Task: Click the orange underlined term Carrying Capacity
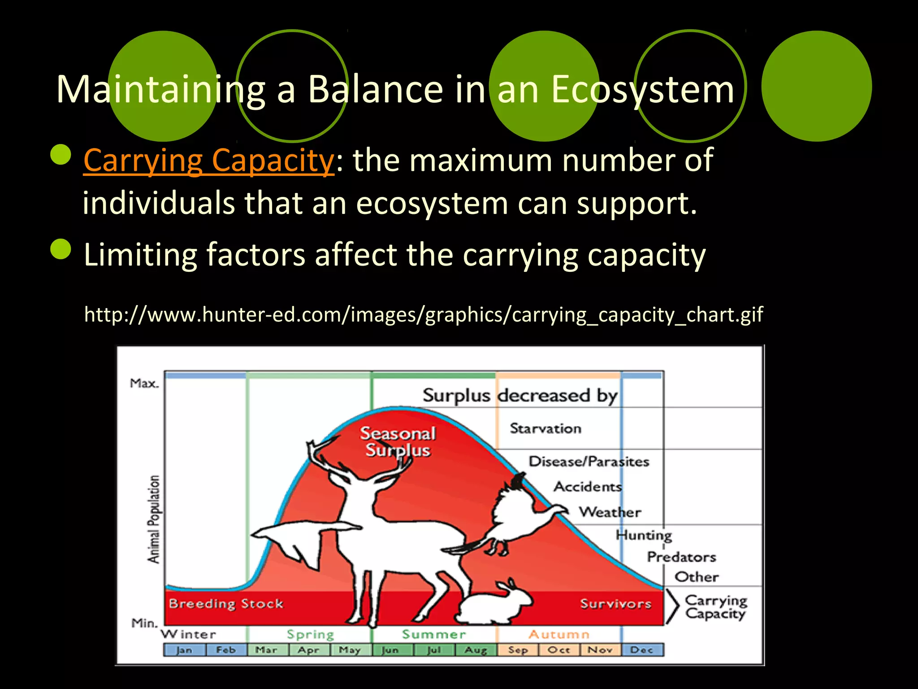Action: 208,161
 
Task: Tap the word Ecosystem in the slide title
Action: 642,90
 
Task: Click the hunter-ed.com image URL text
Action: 423,314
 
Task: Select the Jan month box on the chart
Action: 184,650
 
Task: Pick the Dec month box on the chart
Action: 641,650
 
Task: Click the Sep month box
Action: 517,650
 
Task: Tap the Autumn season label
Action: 559,634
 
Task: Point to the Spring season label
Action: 310,634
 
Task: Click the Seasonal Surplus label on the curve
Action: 398,442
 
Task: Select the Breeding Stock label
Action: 226,604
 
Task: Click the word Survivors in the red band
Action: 615,604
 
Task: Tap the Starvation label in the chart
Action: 545,428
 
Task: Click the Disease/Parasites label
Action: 589,462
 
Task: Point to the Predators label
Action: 681,557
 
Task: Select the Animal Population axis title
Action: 154,519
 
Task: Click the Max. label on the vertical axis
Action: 144,384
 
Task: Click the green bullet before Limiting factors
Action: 61,249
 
